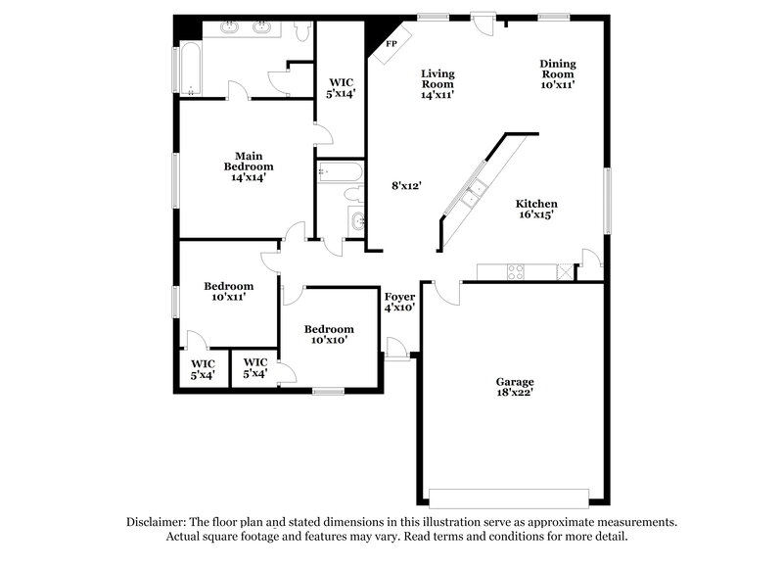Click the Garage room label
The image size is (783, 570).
pyautogui.click(x=514, y=387)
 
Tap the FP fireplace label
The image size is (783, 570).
pyautogui.click(x=391, y=44)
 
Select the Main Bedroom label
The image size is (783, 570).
pyautogui.click(x=246, y=166)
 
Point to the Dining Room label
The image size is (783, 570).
pyautogui.click(x=558, y=73)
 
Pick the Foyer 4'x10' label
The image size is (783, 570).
pyautogui.click(x=399, y=301)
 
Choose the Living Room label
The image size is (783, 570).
pyautogui.click(x=438, y=83)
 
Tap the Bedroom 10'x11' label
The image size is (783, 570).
pyautogui.click(x=228, y=291)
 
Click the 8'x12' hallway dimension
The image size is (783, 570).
pyautogui.click(x=406, y=185)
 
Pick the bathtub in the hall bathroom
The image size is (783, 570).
pyautogui.click(x=338, y=173)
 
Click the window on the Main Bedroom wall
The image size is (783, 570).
pyautogui.click(x=176, y=181)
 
